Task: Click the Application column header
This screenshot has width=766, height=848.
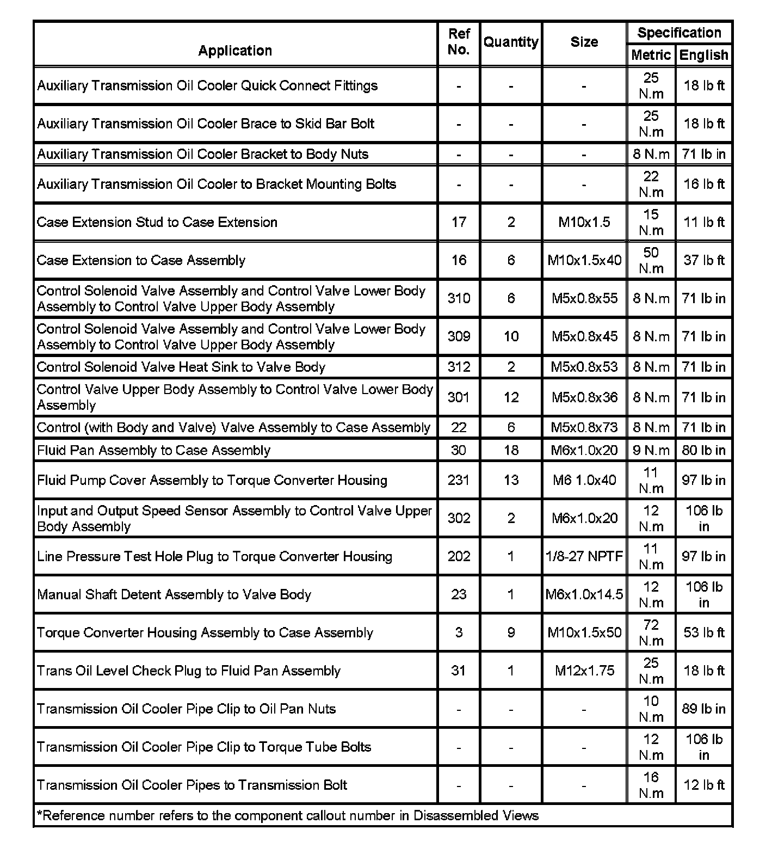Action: coord(235,51)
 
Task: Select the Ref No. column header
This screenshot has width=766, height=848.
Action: coord(459,42)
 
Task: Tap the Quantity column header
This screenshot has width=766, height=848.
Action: coord(511,42)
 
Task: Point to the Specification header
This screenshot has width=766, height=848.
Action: coord(679,33)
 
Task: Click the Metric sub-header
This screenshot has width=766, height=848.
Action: coord(651,55)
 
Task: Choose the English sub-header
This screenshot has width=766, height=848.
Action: coord(703,55)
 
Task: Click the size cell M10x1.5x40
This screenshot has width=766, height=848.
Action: coord(584,260)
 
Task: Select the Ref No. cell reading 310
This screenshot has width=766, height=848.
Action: coord(459,298)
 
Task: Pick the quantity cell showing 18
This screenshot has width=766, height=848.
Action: coord(511,450)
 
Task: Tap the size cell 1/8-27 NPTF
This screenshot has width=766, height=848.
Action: coord(584,556)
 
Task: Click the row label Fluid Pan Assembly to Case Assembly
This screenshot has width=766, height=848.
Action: coord(153,450)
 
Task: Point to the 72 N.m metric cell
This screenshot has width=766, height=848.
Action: coord(651,632)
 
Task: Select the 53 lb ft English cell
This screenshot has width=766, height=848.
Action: coord(703,632)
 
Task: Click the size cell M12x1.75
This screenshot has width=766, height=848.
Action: coord(584,671)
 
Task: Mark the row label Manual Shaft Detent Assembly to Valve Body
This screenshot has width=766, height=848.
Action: coord(174,594)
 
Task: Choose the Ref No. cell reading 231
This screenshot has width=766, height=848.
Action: coord(459,480)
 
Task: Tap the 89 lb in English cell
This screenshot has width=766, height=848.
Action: coord(703,709)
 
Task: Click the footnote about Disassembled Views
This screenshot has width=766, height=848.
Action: coord(288,815)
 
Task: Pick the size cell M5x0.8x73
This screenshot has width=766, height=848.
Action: coord(584,427)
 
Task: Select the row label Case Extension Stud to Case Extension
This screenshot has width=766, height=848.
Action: coord(157,222)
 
